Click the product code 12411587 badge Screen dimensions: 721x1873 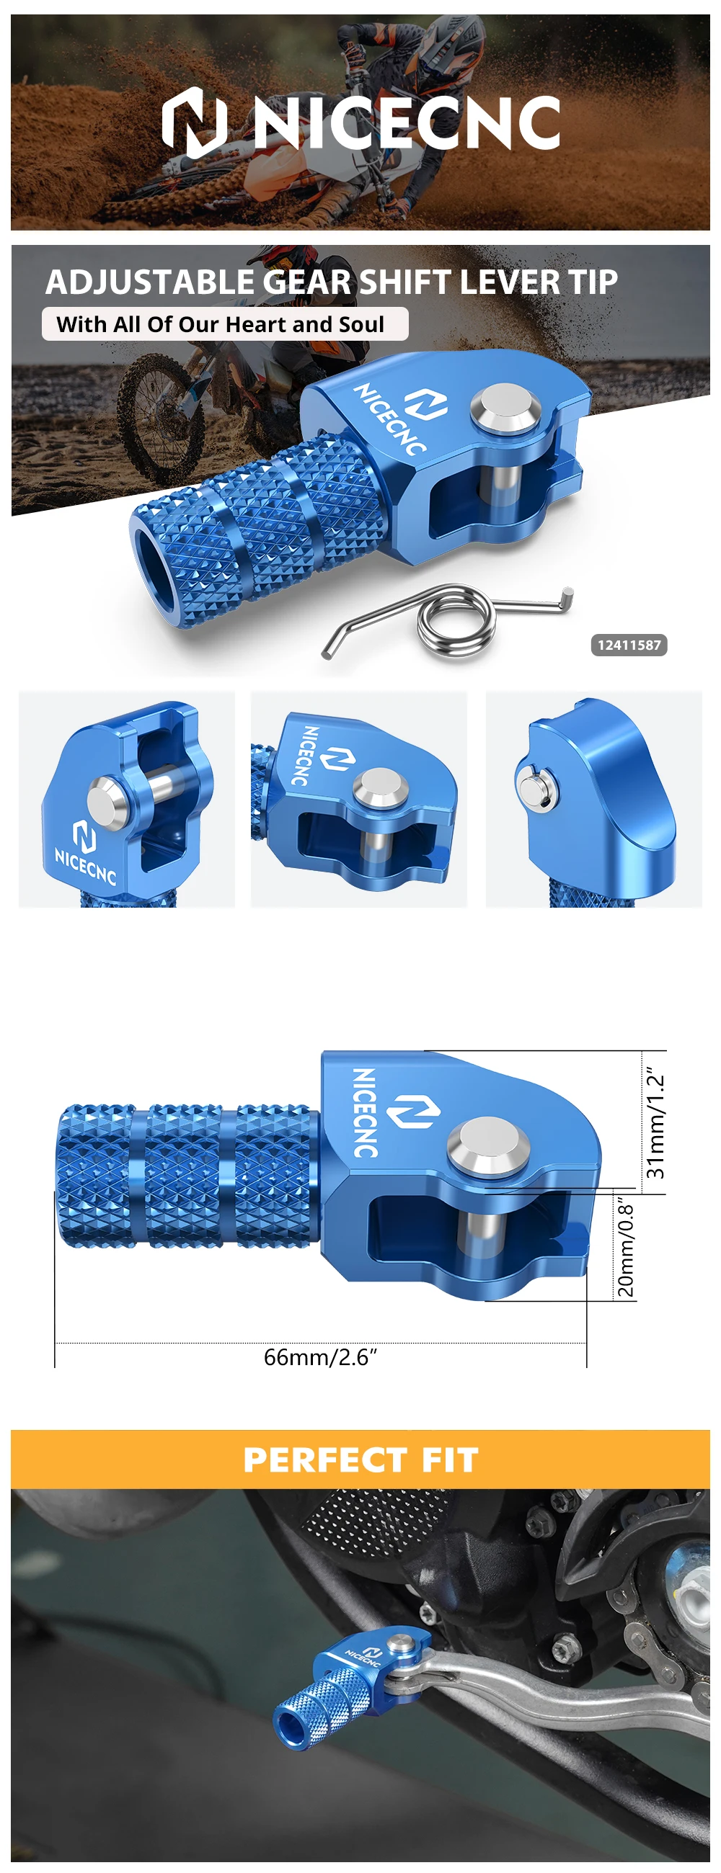pyautogui.click(x=629, y=645)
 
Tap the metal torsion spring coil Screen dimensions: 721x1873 pyautogui.click(x=456, y=622)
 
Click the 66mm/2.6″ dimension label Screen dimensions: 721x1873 pyautogui.click(x=320, y=1356)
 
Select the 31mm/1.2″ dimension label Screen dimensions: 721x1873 pyautogui.click(x=655, y=1122)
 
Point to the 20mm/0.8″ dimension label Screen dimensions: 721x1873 pyautogui.click(x=626, y=1249)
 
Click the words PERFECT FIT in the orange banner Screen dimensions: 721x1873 pyautogui.click(x=361, y=1459)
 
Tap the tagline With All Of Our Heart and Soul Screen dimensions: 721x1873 pyautogui.click(x=221, y=324)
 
